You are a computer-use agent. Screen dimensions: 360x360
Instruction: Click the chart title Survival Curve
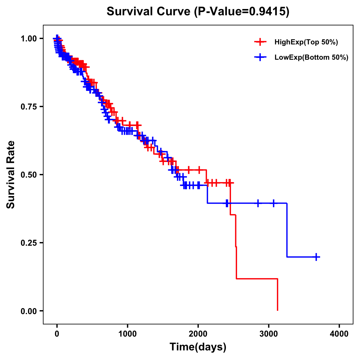tap(148, 12)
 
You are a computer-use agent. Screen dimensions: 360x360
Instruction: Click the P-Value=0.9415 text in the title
tap(241, 12)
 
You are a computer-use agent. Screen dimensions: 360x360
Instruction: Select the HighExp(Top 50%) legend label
tap(306, 42)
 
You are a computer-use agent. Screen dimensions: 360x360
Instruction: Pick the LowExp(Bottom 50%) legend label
tap(311, 58)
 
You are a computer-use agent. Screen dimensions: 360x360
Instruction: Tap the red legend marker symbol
tap(260, 42)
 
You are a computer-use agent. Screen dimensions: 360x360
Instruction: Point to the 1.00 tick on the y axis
tap(28, 38)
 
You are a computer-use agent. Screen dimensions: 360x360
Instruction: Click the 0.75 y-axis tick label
tap(28, 106)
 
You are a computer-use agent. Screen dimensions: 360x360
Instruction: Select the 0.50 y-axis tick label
tap(28, 175)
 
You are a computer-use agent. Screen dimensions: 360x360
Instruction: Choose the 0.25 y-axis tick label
tap(28, 243)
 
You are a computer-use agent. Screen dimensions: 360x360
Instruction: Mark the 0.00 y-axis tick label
tap(28, 311)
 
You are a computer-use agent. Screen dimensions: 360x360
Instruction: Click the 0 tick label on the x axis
tap(57, 334)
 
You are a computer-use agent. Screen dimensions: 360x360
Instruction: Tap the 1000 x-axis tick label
tap(127, 334)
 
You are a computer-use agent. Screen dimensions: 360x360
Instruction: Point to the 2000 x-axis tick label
tap(198, 334)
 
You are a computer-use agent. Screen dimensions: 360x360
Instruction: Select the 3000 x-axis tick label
tap(269, 334)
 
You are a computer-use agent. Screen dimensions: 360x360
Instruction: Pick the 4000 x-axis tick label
tap(339, 334)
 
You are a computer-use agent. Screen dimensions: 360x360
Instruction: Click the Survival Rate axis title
tap(11, 175)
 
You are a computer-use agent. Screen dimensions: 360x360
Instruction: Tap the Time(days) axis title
tap(198, 347)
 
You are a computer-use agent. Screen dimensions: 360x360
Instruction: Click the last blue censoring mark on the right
tap(316, 257)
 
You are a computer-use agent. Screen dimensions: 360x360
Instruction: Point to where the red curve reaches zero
tap(277, 310)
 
